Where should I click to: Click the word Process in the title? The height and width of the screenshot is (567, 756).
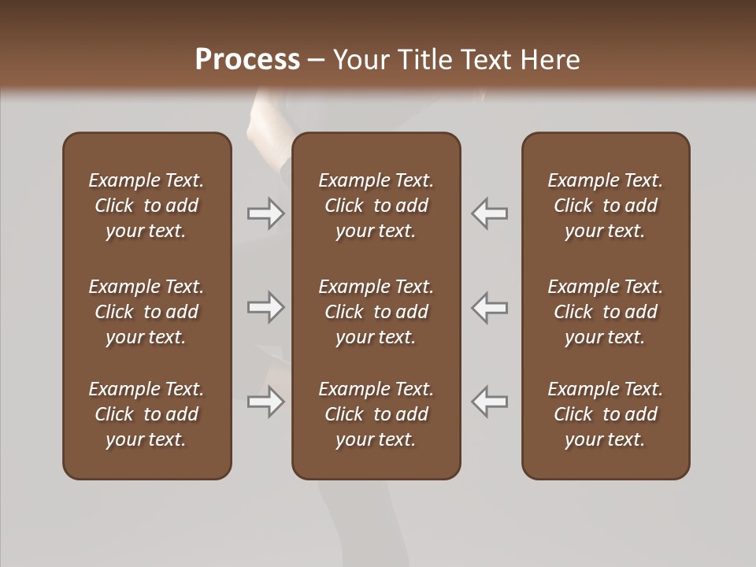pyautogui.click(x=247, y=60)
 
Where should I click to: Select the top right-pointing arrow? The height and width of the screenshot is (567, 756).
pyautogui.click(x=265, y=213)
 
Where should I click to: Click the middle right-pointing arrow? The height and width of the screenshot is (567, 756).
pyautogui.click(x=265, y=307)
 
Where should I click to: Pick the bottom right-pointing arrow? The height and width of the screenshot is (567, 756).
pyautogui.click(x=265, y=402)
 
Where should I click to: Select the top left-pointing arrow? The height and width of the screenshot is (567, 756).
pyautogui.click(x=490, y=213)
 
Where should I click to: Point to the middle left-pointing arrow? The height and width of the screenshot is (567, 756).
pyautogui.click(x=490, y=307)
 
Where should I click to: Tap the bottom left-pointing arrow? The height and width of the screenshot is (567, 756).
pyautogui.click(x=490, y=402)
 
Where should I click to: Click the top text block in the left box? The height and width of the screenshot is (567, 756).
pyautogui.click(x=146, y=206)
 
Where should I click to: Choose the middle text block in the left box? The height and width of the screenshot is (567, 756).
pyautogui.click(x=146, y=312)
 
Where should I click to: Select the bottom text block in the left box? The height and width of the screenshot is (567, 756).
pyautogui.click(x=146, y=414)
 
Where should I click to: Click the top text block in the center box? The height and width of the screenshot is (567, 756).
pyautogui.click(x=376, y=206)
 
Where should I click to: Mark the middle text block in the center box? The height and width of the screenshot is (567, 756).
pyautogui.click(x=376, y=312)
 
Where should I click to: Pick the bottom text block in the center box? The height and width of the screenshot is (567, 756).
pyautogui.click(x=376, y=414)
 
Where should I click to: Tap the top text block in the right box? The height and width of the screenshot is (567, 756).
pyautogui.click(x=606, y=206)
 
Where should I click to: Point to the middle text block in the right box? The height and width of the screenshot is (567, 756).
pyautogui.click(x=606, y=312)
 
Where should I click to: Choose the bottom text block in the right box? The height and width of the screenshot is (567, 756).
pyautogui.click(x=606, y=414)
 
